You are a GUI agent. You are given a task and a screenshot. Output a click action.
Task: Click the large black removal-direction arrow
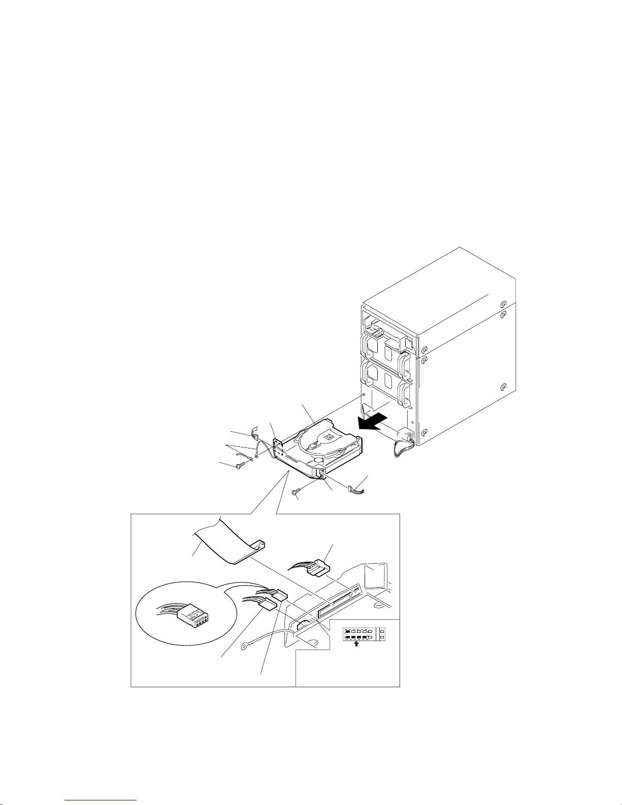pyautogui.click(x=372, y=422)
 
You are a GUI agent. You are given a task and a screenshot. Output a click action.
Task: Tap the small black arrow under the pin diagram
pyautogui.click(x=356, y=643)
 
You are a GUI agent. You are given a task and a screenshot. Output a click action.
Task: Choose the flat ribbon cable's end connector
pyautogui.click(x=256, y=545)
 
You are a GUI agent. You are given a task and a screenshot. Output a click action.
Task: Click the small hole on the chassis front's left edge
pyautogui.click(x=365, y=395)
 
